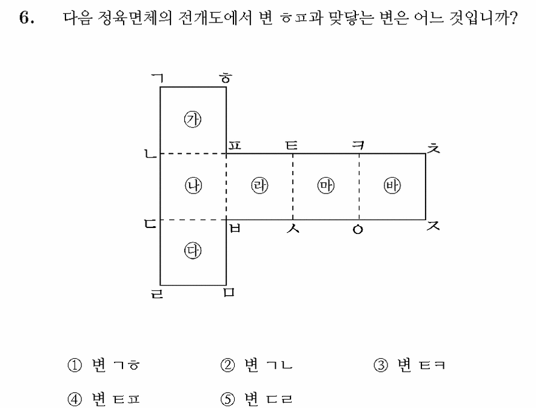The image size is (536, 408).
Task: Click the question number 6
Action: point(27,18)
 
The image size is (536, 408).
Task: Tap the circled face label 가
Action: point(193,119)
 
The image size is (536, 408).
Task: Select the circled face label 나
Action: point(193,186)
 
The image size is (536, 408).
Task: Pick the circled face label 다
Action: point(193,251)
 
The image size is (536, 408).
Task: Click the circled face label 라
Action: point(260,186)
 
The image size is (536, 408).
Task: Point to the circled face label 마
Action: point(326,186)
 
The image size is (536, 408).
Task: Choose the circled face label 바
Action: point(392,186)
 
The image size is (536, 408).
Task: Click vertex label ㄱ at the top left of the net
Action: point(158,79)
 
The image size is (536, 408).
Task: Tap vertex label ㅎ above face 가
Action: point(226,78)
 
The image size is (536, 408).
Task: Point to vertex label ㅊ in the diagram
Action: point(434,148)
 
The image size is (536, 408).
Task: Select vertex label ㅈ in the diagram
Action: point(434,226)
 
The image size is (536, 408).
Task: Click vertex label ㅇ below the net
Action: point(358,230)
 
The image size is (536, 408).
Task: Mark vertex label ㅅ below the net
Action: point(293,228)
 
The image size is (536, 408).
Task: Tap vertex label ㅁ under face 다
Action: point(229,292)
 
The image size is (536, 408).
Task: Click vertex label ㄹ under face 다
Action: point(157,293)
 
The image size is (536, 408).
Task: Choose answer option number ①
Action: point(75,366)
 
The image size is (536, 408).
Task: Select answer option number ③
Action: point(381,366)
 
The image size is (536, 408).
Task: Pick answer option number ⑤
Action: point(227,399)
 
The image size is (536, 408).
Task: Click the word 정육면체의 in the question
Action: point(135,18)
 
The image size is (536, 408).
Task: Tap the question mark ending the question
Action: point(513,18)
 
